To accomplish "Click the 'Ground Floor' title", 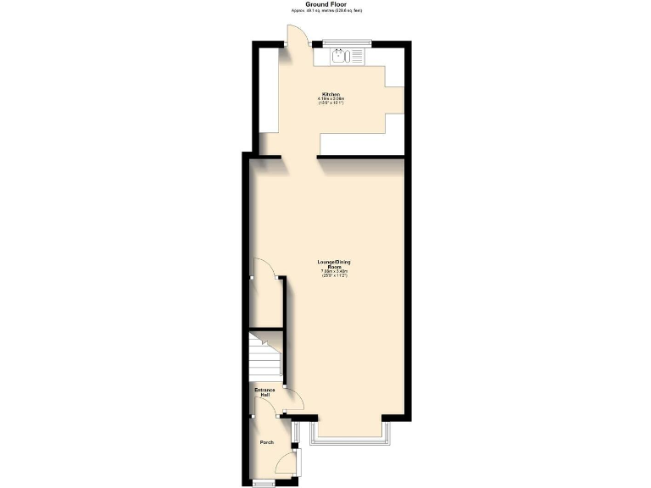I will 325,4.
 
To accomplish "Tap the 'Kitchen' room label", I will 331,93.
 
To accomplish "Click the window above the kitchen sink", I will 348,42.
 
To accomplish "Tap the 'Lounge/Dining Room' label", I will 330,263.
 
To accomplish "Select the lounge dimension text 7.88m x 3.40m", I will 330,271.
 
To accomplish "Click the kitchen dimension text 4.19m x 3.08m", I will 331,99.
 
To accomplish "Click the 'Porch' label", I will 266,442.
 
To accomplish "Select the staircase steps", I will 264,356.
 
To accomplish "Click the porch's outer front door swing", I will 290,464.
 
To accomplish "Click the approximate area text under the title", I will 325,12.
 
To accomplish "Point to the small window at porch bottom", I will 264,482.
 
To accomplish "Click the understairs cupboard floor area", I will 265,305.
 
